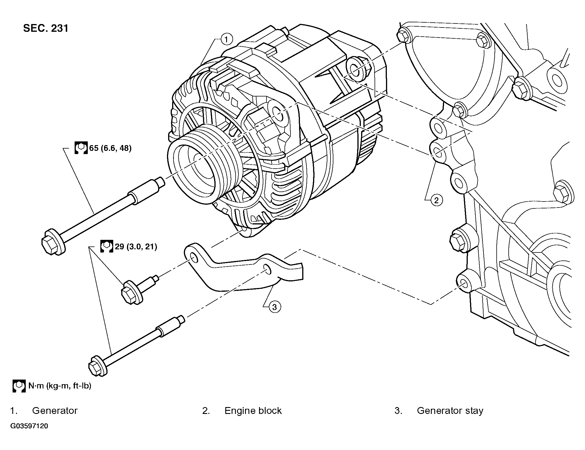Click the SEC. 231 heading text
pyautogui.click(x=46, y=28)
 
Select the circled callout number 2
pyautogui.click(x=436, y=200)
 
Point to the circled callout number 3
pyautogui.click(x=275, y=307)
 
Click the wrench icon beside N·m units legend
pyautogui.click(x=19, y=386)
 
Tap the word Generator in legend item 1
pyautogui.click(x=55, y=411)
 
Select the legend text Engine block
pyautogui.click(x=253, y=411)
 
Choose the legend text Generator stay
pyautogui.click(x=450, y=411)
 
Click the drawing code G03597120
pyautogui.click(x=29, y=426)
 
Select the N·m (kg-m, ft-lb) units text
pyautogui.click(x=60, y=386)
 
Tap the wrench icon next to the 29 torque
pyautogui.click(x=107, y=246)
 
